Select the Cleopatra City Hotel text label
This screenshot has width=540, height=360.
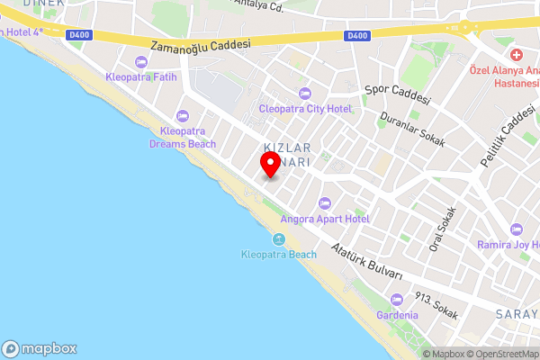pyautogui.click(x=305, y=109)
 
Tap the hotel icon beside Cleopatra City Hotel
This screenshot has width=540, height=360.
pyautogui.click(x=305, y=94)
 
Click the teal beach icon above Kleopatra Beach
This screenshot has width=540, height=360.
pyautogui.click(x=279, y=238)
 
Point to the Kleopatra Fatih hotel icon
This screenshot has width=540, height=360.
pyautogui.click(x=139, y=62)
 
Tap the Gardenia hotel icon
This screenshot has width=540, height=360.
pyautogui.click(x=397, y=300)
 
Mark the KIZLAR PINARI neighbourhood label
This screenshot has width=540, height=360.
pyautogui.click(x=287, y=153)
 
